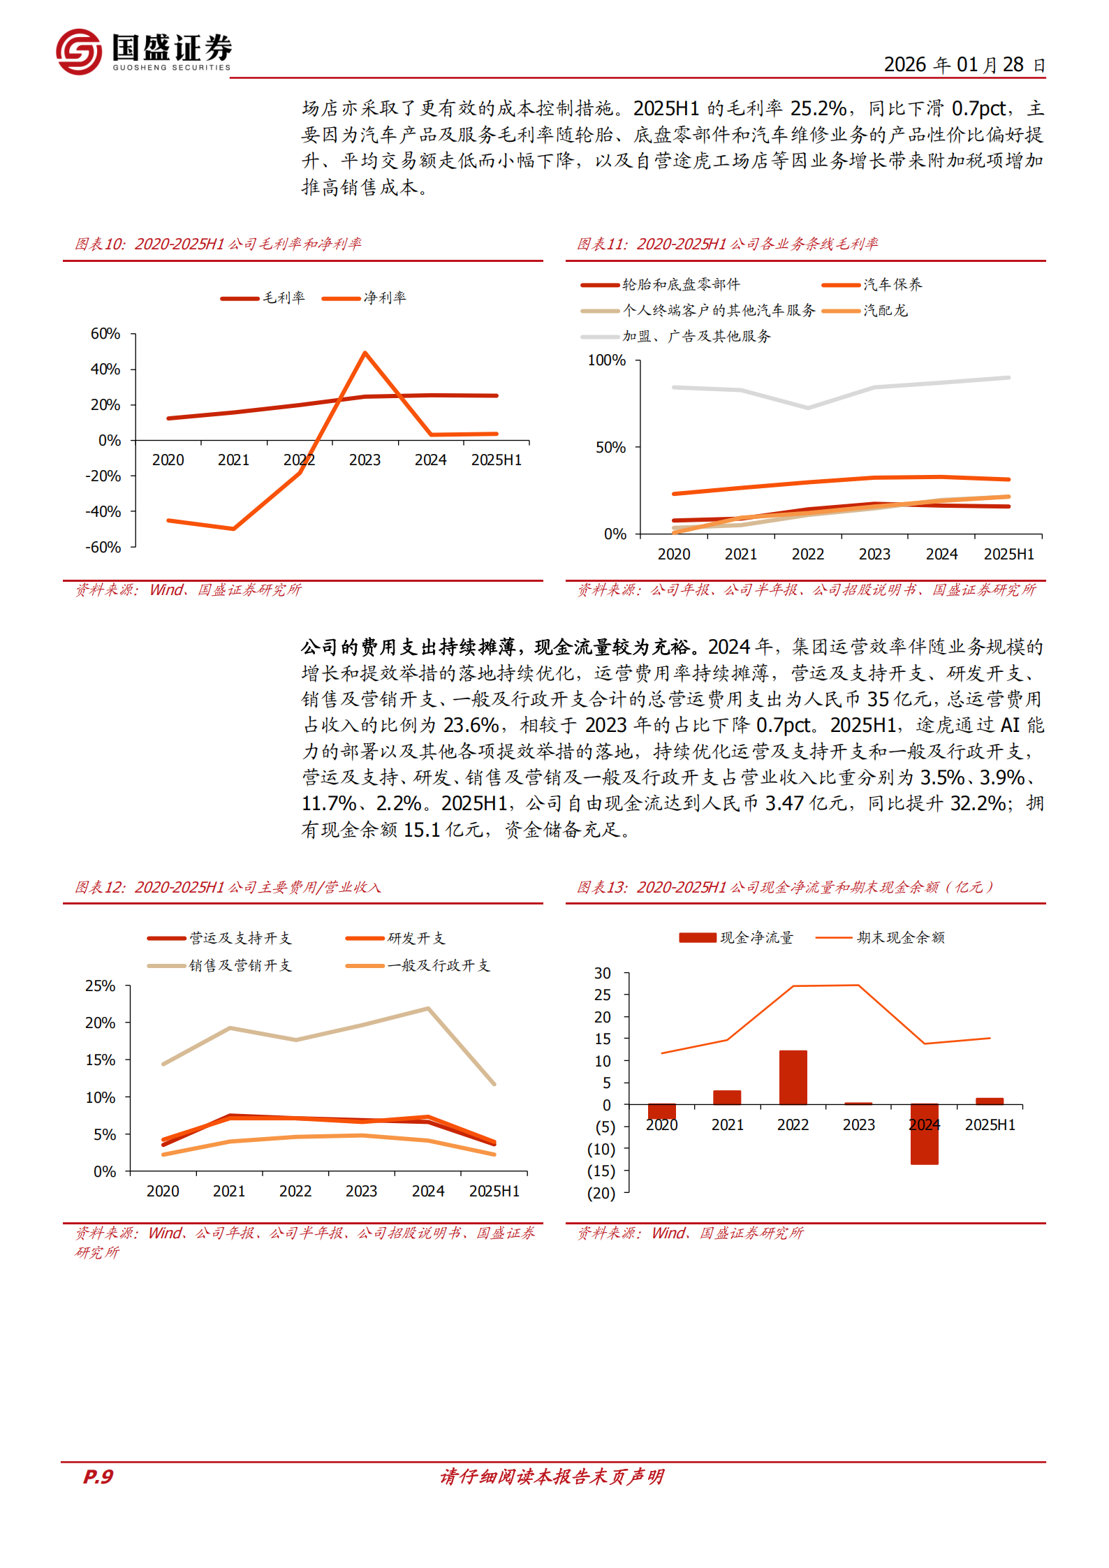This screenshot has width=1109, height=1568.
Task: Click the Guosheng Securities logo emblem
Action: tap(79, 51)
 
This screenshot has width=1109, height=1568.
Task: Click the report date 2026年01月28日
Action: tap(964, 65)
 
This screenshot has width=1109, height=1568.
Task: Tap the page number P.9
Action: tap(98, 1476)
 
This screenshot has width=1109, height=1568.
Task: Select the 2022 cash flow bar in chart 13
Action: tap(793, 1077)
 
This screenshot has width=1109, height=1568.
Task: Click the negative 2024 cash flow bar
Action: tap(924, 1134)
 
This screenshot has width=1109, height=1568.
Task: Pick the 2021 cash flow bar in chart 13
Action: tap(727, 1097)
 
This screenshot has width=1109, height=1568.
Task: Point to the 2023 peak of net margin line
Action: tap(365, 353)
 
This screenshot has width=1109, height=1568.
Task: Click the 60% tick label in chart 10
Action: tap(105, 334)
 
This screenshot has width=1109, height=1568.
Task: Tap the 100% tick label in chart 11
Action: tap(606, 360)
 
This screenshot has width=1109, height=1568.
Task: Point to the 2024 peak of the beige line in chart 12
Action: tap(427, 1009)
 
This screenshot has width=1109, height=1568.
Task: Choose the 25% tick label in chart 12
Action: tap(101, 986)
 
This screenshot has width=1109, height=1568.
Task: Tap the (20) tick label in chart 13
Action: tap(601, 1193)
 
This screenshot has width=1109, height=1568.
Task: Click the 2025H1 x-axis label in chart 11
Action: tap(1008, 554)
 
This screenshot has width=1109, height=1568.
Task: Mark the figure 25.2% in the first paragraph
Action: tap(818, 108)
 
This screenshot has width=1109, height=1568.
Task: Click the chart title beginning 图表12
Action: tap(228, 887)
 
